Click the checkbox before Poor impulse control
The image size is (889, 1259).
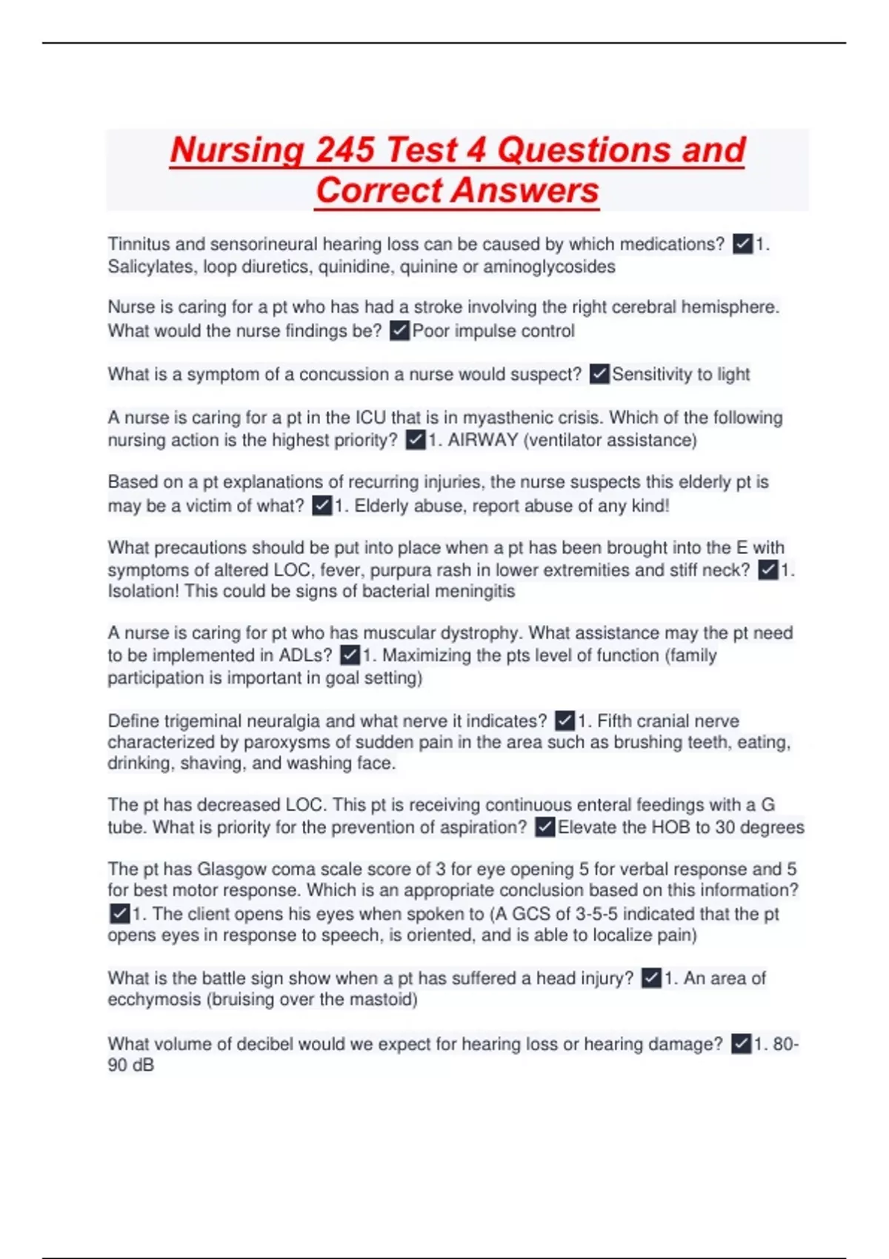point(399,330)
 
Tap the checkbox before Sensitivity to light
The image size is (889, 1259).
point(599,374)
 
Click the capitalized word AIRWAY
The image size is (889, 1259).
point(482,440)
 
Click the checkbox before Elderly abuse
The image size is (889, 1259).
point(322,506)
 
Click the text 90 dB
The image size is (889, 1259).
point(131,1066)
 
